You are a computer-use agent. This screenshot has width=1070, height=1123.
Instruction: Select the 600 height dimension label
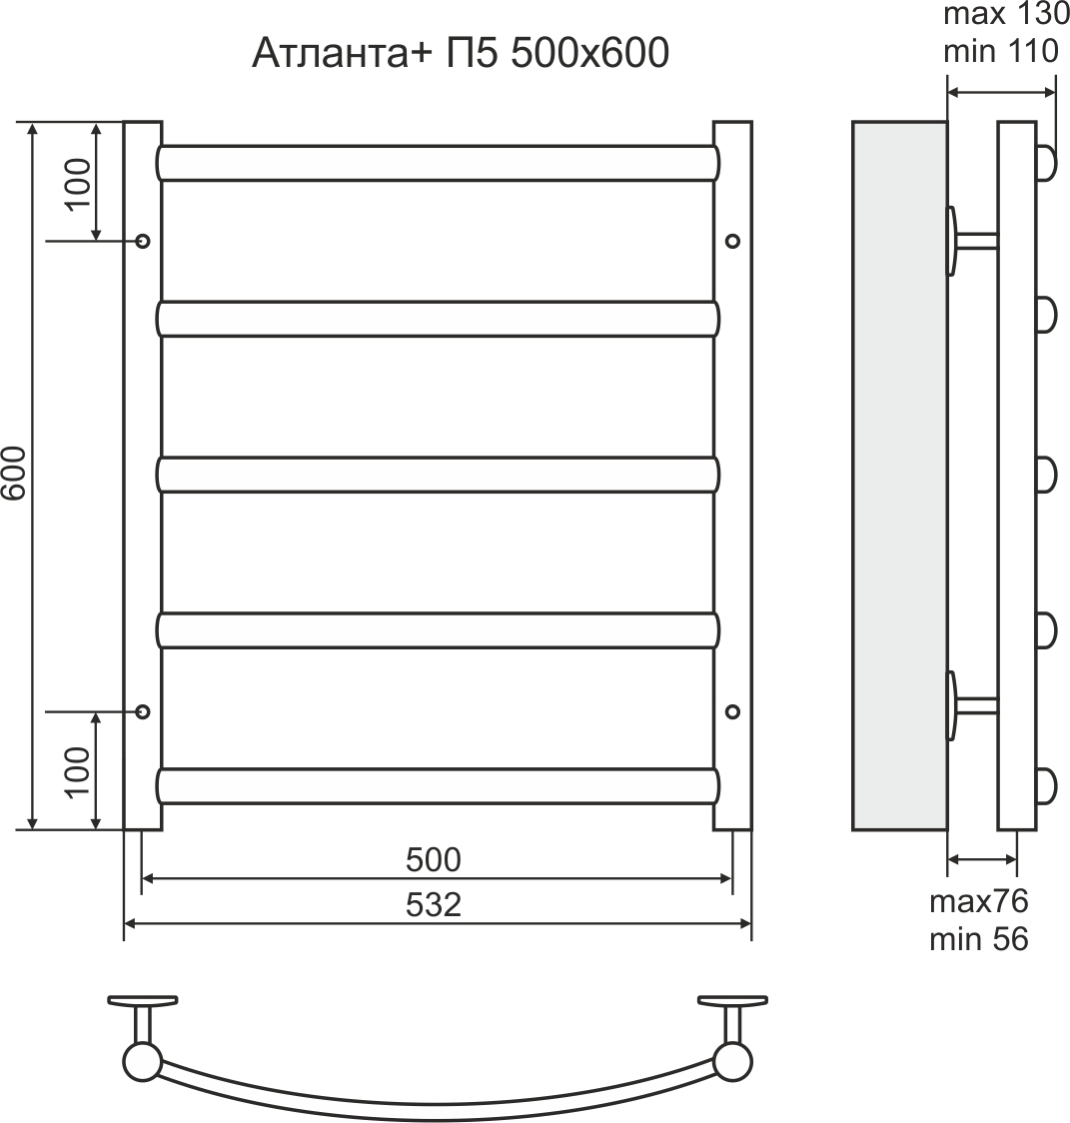pos(15,476)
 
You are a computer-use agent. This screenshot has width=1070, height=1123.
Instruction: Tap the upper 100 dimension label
pos(79,183)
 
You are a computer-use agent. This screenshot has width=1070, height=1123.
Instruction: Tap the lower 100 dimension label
pos(79,770)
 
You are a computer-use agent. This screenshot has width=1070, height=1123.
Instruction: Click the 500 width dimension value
pos(435,859)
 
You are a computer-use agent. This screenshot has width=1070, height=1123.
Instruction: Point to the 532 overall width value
pos(435,905)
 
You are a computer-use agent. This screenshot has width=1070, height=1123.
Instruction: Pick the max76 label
pos(978,902)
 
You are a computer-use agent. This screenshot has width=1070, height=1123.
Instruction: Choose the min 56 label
pos(978,939)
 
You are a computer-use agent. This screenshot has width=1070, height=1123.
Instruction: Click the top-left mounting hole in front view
pos(142,241)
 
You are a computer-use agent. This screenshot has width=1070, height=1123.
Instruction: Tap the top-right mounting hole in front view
pos(732,241)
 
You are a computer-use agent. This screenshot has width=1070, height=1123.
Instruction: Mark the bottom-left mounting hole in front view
pos(142,711)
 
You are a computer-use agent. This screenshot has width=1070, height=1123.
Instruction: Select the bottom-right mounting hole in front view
pos(732,711)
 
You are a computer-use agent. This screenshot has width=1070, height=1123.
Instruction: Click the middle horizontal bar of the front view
pos(438,475)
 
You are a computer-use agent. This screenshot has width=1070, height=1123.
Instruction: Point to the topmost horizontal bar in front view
pos(438,163)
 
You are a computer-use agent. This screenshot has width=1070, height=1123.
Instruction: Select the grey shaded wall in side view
pos(899,476)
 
